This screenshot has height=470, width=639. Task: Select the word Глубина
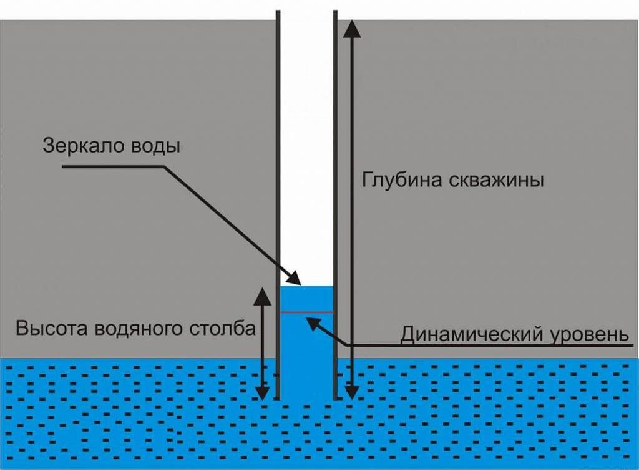click(x=402, y=179)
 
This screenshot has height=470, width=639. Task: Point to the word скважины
click(x=495, y=180)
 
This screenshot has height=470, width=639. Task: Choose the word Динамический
click(x=472, y=335)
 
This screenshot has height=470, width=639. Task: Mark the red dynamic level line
click(x=306, y=312)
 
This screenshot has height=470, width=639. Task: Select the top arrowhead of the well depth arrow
click(x=351, y=29)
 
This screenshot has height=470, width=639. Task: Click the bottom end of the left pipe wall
click(x=278, y=399)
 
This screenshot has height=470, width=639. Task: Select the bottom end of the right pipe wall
click(x=336, y=399)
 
